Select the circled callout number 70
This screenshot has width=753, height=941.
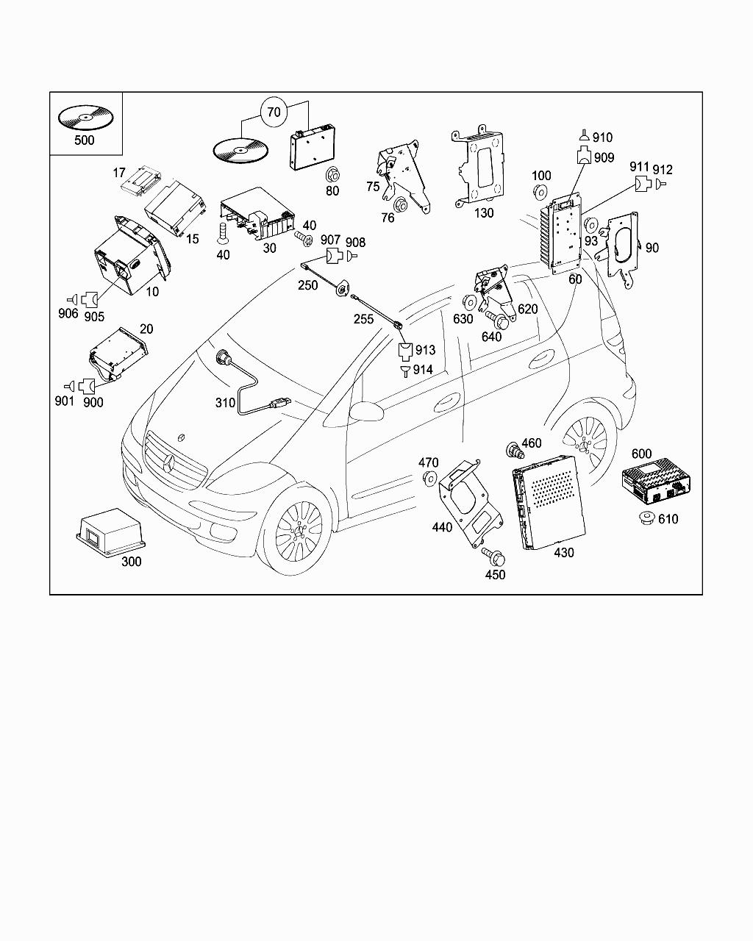click(274, 112)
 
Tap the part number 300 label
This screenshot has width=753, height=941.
click(131, 562)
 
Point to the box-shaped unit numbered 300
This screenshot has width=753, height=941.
click(110, 531)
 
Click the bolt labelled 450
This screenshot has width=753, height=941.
click(490, 556)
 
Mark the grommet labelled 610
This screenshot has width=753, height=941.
click(647, 518)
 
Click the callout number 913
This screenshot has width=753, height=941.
click(425, 351)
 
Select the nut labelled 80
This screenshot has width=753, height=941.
click(332, 175)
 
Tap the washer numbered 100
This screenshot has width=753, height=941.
click(540, 193)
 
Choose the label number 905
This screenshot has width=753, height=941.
click(94, 317)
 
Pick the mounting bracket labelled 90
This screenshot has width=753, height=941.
click(622, 246)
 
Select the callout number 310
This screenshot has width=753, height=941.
click(225, 403)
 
